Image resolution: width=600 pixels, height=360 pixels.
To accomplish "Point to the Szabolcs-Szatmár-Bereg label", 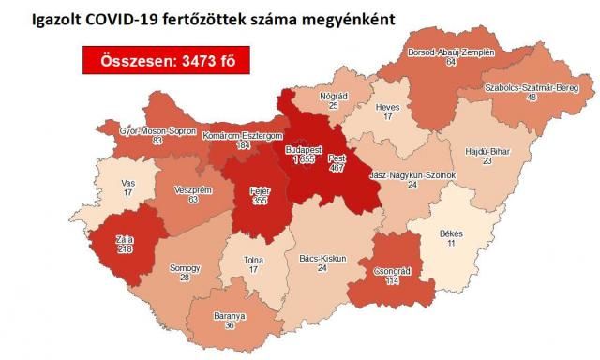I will coord(539,87).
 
